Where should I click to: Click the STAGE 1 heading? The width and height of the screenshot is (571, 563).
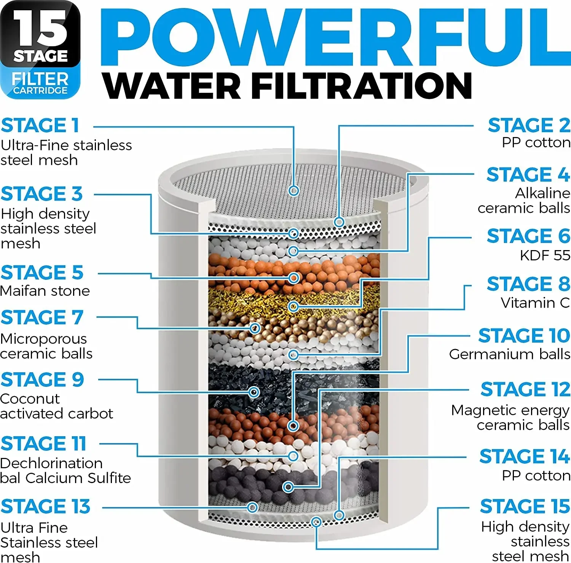point(40,126)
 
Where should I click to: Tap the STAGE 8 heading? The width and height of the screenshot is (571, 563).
point(528,284)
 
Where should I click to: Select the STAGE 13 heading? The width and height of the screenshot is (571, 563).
point(46,507)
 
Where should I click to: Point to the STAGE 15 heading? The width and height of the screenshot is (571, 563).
point(525,506)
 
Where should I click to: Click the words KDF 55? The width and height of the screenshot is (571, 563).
point(545,255)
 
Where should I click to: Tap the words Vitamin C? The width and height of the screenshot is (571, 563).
point(535,303)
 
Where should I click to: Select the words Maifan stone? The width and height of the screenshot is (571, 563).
point(45,291)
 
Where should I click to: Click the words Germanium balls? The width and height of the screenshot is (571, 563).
point(509,354)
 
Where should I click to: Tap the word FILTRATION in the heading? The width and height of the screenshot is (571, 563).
point(362,86)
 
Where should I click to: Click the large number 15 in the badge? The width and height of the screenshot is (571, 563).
point(40,29)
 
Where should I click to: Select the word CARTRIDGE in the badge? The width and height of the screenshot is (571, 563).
point(40,91)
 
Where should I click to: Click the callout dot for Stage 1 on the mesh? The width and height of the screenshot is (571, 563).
point(293,190)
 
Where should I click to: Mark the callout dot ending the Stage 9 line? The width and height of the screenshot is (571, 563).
point(254,392)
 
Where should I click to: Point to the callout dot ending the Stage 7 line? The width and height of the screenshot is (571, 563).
point(255,328)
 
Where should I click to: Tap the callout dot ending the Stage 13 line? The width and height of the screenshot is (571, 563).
point(252,507)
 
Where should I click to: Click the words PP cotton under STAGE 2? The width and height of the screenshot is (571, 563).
point(536,142)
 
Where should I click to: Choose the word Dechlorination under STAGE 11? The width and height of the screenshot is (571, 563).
point(51,463)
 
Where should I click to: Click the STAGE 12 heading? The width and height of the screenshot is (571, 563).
point(525,389)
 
